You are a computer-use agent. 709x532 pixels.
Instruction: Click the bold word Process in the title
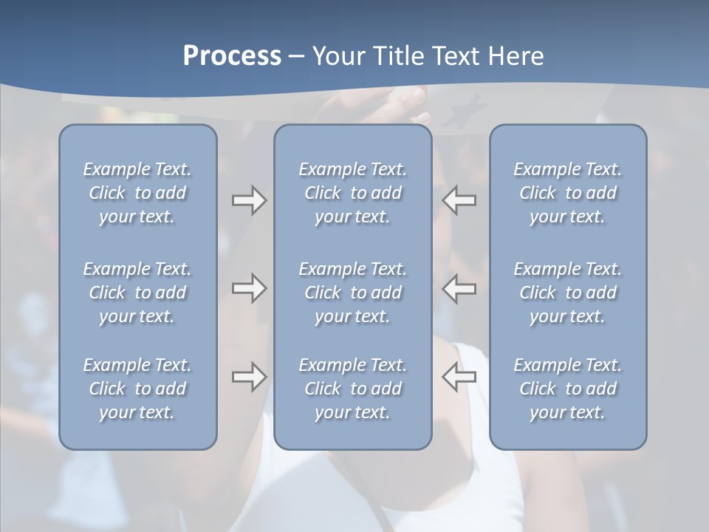(x=232, y=56)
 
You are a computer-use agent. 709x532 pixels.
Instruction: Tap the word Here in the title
(x=516, y=56)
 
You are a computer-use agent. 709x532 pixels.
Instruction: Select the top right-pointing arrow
(x=249, y=200)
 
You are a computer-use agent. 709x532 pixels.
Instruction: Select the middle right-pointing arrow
(x=249, y=288)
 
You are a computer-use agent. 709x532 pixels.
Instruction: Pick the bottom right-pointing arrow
(x=249, y=377)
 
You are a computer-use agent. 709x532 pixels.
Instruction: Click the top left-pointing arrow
(x=459, y=200)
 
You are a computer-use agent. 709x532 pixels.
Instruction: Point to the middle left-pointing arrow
(x=459, y=288)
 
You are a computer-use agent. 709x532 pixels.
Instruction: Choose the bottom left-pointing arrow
(x=459, y=377)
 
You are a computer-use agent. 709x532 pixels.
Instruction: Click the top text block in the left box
(x=137, y=193)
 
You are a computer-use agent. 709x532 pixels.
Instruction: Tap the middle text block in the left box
(x=137, y=293)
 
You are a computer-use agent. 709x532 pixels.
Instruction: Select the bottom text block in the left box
(x=137, y=389)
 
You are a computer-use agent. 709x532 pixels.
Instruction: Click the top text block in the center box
(x=353, y=193)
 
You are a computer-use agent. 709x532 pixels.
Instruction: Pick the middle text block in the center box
(x=353, y=293)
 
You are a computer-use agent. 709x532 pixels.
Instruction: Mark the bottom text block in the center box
(x=353, y=389)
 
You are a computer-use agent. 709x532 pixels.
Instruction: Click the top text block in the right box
(x=568, y=193)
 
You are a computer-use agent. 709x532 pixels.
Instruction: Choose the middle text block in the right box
(x=568, y=293)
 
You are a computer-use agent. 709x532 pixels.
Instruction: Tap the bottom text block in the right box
(x=568, y=389)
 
